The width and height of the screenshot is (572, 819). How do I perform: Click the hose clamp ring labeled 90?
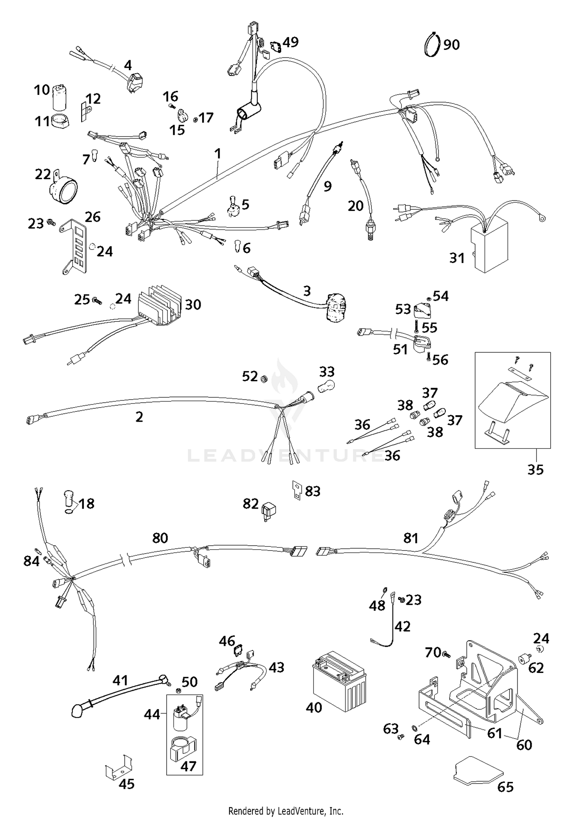[432, 45]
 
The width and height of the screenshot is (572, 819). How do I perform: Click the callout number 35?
[535, 470]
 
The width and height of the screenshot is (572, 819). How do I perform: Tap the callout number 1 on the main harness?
[217, 154]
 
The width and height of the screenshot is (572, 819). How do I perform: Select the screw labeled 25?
[97, 301]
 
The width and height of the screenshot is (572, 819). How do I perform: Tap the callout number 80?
[160, 538]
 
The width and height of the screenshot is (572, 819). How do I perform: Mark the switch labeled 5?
[232, 207]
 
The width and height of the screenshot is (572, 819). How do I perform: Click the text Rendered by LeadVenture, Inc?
[286, 810]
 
